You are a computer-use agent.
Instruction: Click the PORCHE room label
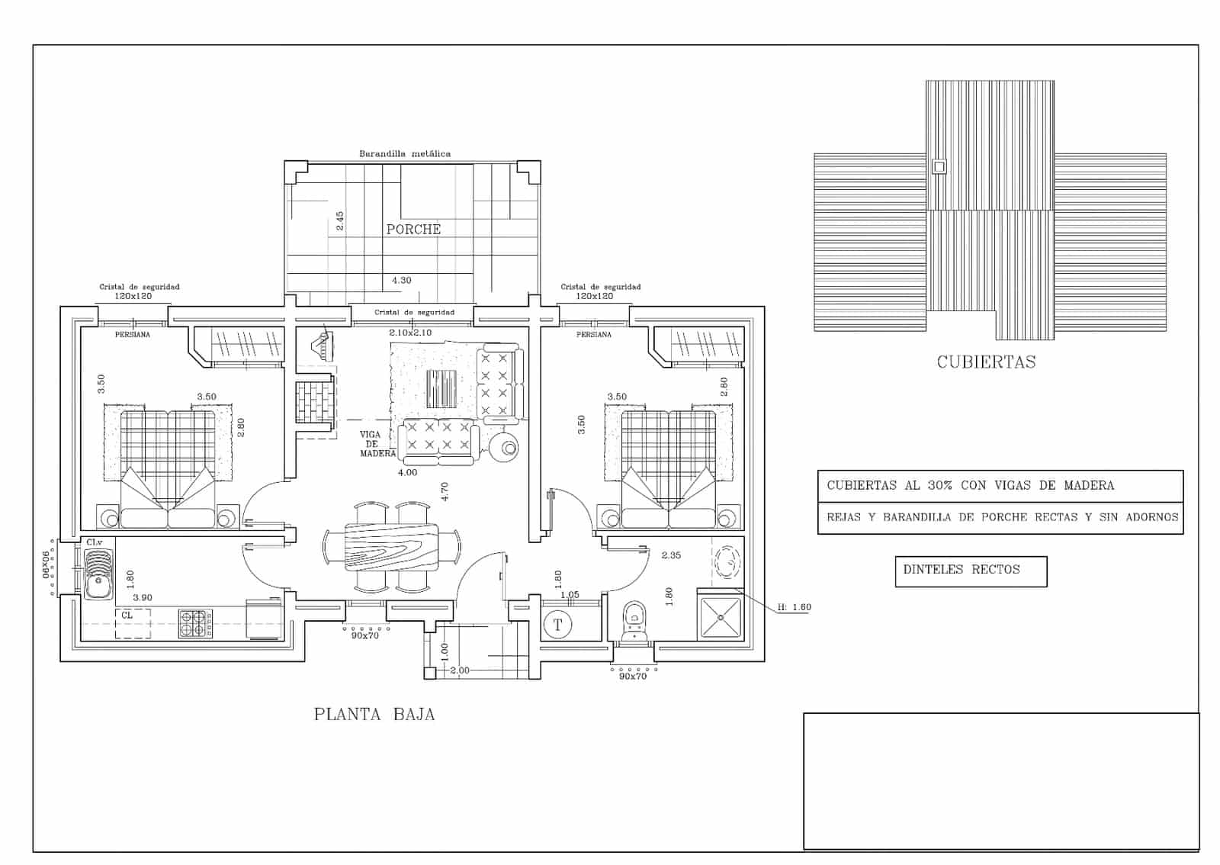pos(413,229)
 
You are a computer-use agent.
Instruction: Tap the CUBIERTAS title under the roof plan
pos(986,362)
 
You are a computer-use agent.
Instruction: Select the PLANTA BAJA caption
pos(374,715)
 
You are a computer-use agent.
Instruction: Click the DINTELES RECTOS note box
pos(970,571)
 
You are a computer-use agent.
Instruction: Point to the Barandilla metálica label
pos(405,153)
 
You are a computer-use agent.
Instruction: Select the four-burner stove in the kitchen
pos(195,622)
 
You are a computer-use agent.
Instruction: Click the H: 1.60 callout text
pos(795,607)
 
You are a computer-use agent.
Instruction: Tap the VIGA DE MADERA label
pos(371,444)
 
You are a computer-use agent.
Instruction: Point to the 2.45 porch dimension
pos(340,221)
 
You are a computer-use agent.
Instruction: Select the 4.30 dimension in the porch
pos(401,280)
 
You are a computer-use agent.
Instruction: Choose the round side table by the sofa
pos(505,449)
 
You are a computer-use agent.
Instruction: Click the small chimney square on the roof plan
pos(939,166)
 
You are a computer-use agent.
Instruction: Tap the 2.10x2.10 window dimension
pos(410,333)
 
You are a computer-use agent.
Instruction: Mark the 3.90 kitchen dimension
pos(142,598)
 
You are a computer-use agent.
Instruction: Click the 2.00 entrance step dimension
pos(460,670)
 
